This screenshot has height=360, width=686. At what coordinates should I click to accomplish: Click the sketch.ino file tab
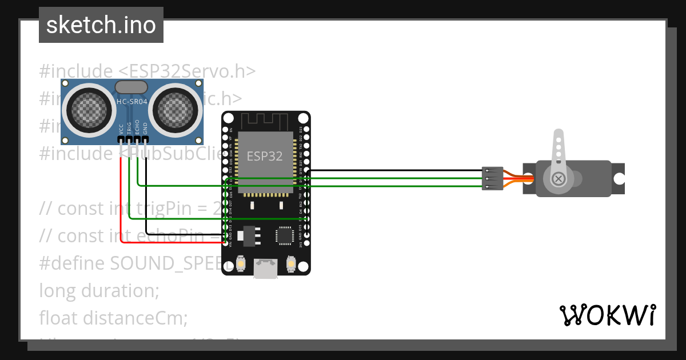pos(101,25)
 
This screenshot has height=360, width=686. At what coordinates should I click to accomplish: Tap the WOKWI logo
pos(607,314)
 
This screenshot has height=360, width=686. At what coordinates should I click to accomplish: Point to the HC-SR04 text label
pos(132,102)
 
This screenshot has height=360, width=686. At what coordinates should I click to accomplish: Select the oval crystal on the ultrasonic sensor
pos(132,86)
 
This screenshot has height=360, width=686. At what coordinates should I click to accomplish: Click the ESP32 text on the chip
pos(265,156)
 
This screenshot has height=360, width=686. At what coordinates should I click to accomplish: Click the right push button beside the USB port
pos(291,263)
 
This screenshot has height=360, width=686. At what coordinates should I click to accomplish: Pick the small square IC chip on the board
pos(284,235)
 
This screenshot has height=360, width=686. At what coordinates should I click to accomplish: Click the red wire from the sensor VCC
pos(121,200)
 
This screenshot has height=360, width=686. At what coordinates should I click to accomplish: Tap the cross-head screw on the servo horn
pos(559,179)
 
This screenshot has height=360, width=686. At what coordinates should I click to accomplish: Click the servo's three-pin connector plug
pos(492,178)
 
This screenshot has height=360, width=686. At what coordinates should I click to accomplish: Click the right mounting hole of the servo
pos(618,178)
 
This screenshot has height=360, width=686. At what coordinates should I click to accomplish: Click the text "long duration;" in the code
pos(99,291)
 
